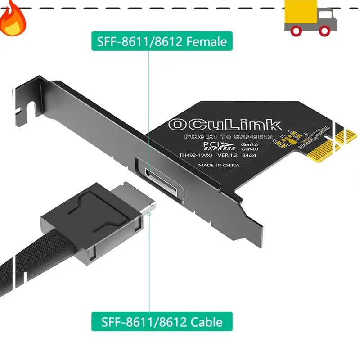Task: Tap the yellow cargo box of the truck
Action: [301, 12]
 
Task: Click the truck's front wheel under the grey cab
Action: [324, 31]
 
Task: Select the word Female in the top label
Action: [207, 41]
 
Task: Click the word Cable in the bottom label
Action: [207, 322]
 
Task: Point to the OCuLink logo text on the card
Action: [225, 125]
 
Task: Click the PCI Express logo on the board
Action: [219, 146]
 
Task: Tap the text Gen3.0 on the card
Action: [249, 144]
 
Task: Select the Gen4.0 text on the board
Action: [250, 149]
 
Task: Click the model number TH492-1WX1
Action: [196, 155]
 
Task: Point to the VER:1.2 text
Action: [227, 155]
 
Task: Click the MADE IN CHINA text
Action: [219, 165]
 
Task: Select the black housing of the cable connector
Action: [92, 224]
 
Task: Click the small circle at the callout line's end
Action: [149, 214]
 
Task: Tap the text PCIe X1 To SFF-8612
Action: [229, 137]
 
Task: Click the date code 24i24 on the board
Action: [249, 155]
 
